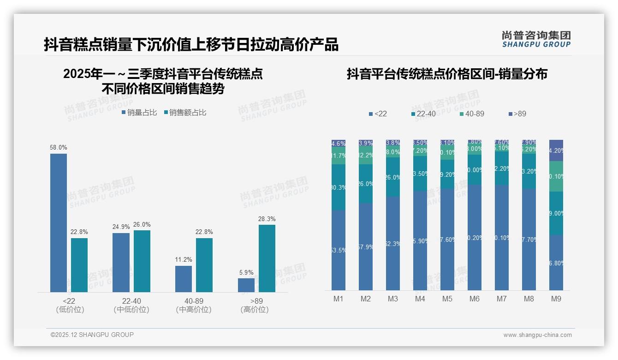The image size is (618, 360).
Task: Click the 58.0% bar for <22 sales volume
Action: tap(59, 222)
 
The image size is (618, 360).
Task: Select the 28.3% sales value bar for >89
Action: tap(267, 258)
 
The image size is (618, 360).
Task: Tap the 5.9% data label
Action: tap(246, 273)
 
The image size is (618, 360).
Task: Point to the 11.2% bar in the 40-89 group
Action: tap(184, 279)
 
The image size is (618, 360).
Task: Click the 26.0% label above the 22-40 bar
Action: tap(142, 225)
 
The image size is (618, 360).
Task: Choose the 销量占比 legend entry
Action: tap(139, 113)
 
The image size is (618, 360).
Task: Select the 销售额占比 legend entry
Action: tap(185, 113)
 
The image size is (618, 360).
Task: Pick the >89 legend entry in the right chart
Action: tap(517, 114)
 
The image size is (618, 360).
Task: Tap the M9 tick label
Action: tap(556, 299)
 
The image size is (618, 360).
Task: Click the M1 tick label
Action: tap(339, 299)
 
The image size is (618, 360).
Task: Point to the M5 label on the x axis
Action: tap(447, 299)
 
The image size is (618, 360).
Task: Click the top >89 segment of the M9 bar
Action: tap(556, 150)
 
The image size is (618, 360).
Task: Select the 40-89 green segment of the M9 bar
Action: tap(556, 176)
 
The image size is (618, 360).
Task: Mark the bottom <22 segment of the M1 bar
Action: tap(339, 250)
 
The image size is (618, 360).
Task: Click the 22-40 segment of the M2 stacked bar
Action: tap(366, 184)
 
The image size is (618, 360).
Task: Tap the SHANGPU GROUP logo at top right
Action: tap(536, 39)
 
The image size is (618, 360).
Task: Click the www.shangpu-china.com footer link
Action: tap(537, 335)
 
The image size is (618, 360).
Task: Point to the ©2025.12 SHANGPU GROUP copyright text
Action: tap(92, 335)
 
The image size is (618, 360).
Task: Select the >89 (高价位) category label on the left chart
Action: tap(255, 305)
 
